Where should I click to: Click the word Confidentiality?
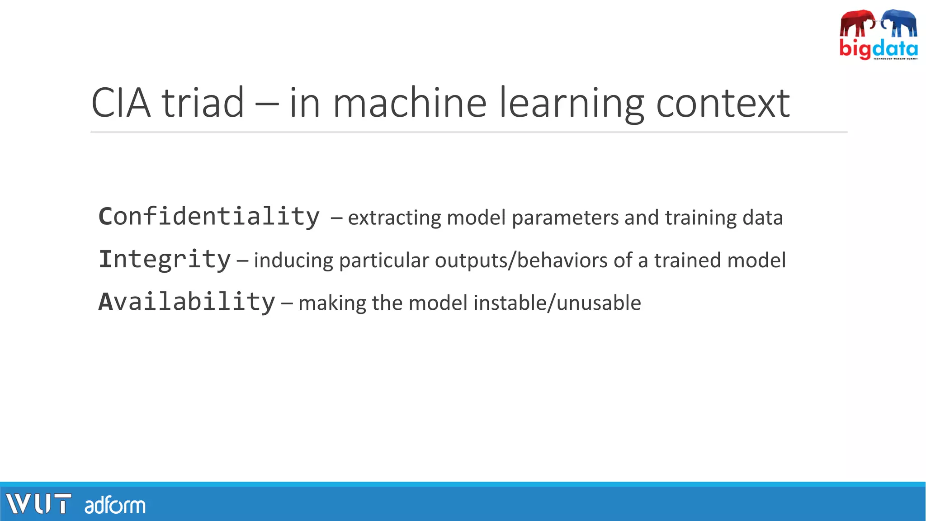[x=209, y=217]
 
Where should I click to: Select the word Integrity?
[x=165, y=260]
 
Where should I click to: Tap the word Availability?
[x=187, y=302]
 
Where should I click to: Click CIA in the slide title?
[x=121, y=103]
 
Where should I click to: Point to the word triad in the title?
[x=203, y=103]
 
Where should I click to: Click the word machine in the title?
[x=409, y=103]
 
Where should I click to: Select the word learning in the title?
[x=571, y=103]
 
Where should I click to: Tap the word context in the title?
[x=723, y=103]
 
